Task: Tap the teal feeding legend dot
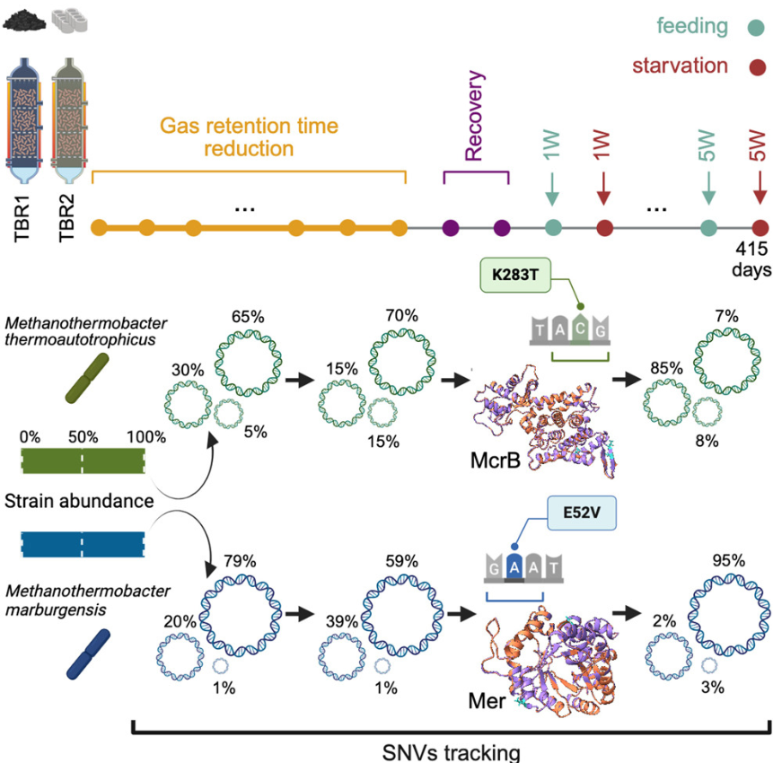coord(755,27)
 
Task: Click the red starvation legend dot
coord(757,66)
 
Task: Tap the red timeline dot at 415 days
coord(760,228)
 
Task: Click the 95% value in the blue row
coord(727,561)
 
